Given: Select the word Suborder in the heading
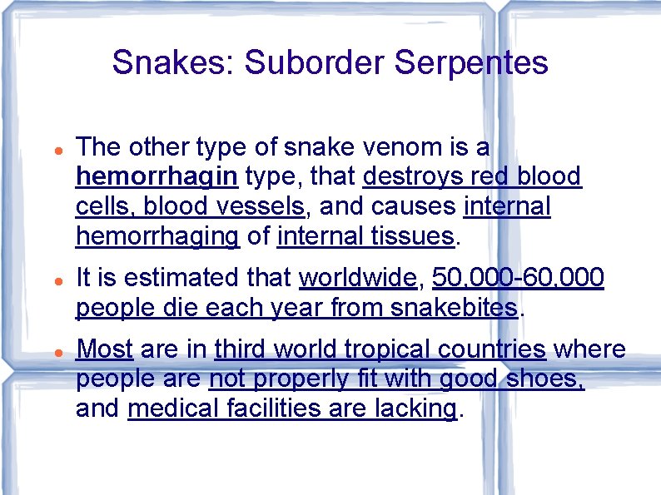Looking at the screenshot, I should [316, 62].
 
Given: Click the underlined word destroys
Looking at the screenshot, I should [414, 176].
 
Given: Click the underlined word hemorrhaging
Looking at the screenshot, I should [157, 235].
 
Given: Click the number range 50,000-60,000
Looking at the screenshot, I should [518, 278].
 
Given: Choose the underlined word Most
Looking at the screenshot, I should [105, 349].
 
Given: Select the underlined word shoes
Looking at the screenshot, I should [544, 379].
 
